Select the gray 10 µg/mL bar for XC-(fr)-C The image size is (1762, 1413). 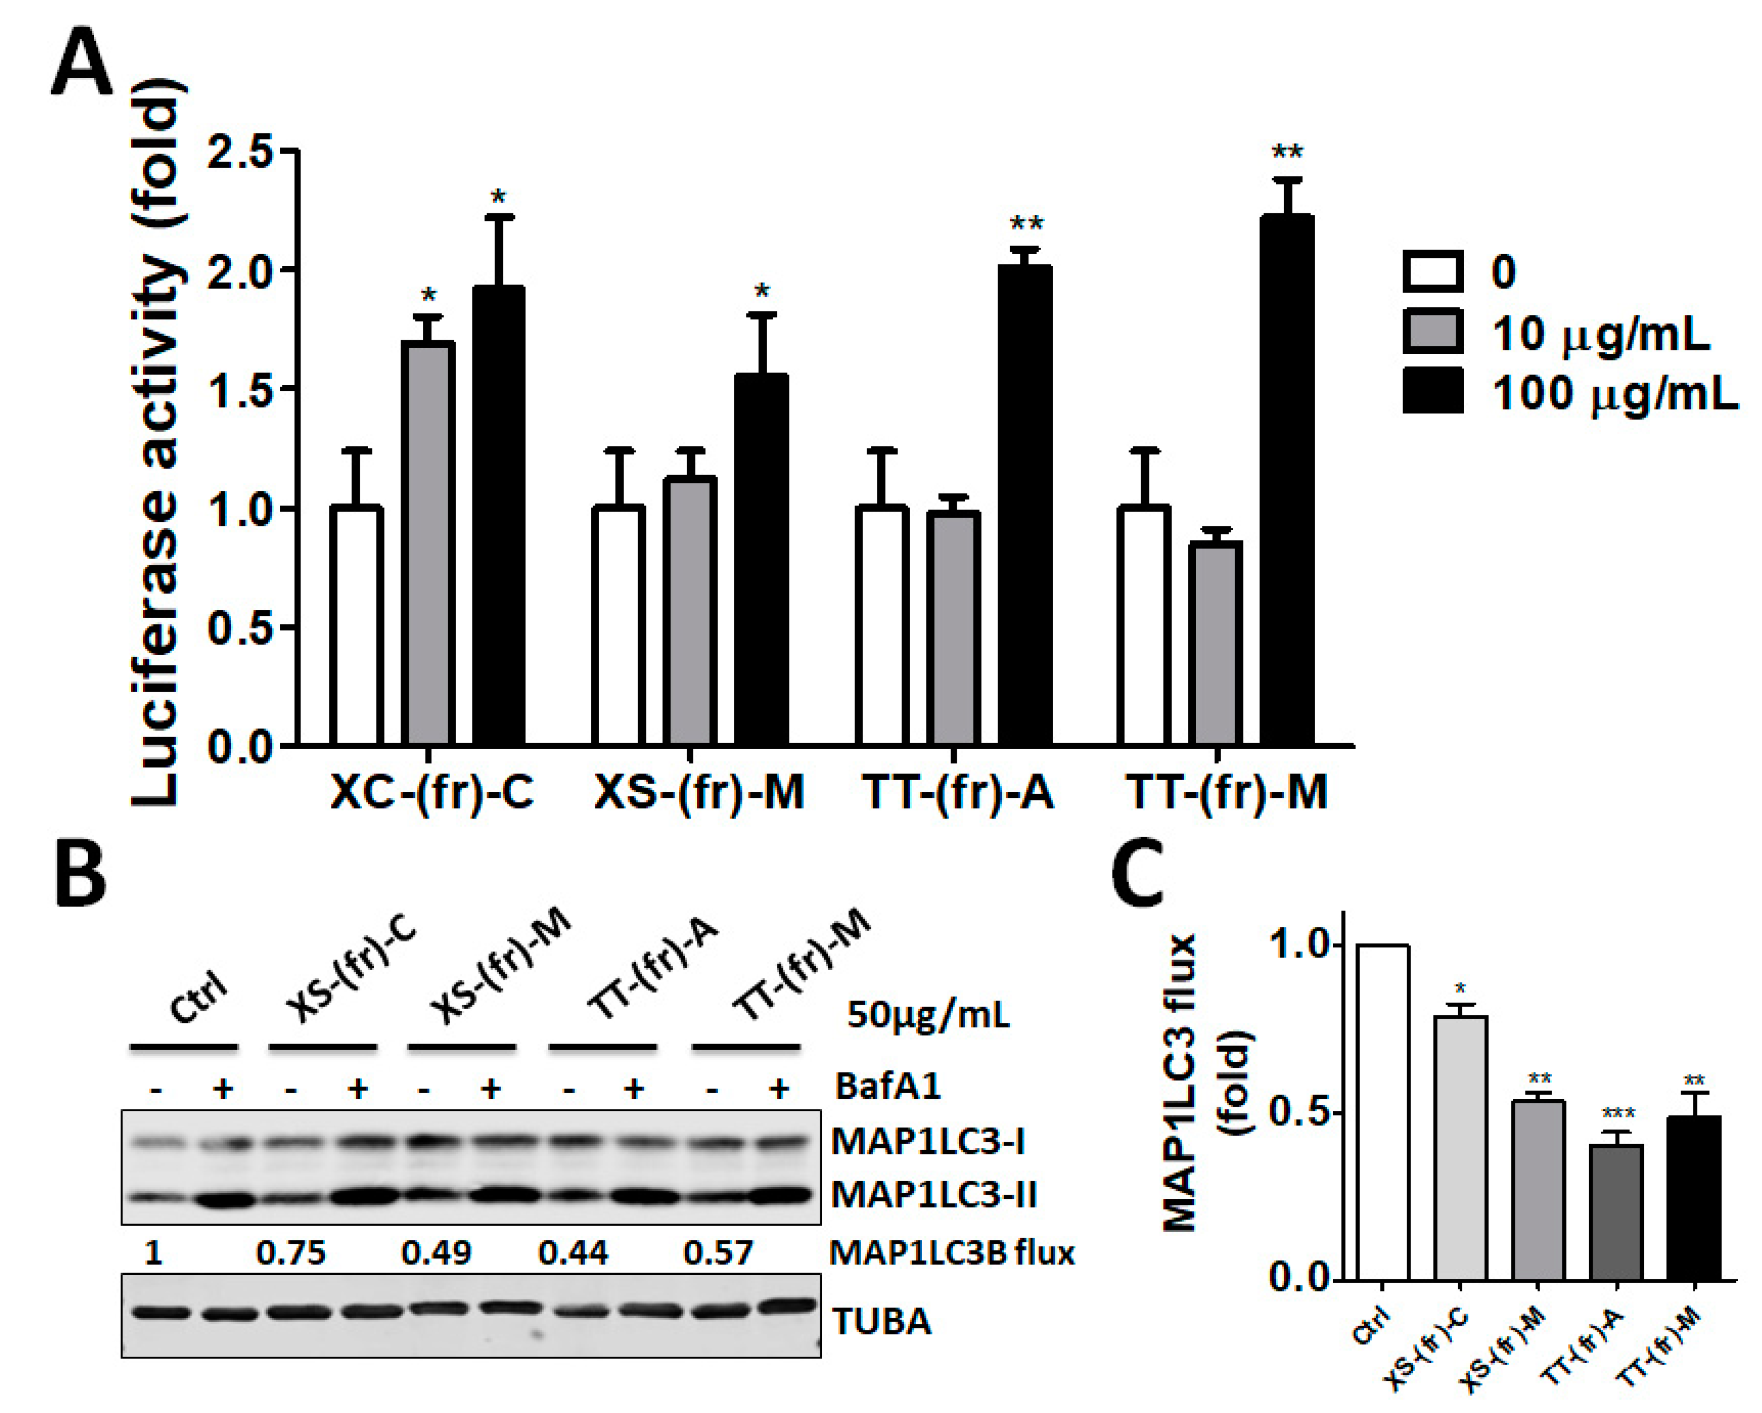(x=428, y=544)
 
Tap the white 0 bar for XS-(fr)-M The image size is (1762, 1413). (x=619, y=626)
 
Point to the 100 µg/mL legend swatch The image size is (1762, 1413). (x=1433, y=390)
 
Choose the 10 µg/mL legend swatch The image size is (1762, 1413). (x=1433, y=331)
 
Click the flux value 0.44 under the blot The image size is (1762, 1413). (x=573, y=1252)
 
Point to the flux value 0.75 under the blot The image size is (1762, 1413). (x=291, y=1252)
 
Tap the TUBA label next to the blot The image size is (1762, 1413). (x=882, y=1322)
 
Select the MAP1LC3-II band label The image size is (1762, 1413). (x=934, y=1195)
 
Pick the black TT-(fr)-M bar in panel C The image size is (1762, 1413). (x=1694, y=1198)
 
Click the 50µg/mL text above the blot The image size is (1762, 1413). (x=928, y=1015)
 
